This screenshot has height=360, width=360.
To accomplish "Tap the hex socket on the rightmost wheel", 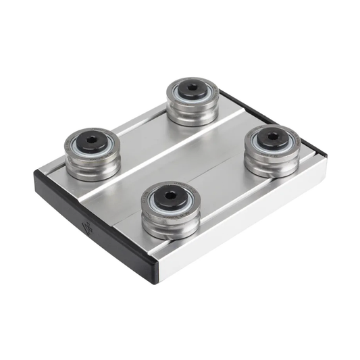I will (272, 138).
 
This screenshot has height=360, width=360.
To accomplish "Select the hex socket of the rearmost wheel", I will (192, 90).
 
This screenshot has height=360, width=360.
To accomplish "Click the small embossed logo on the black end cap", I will (86, 224).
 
